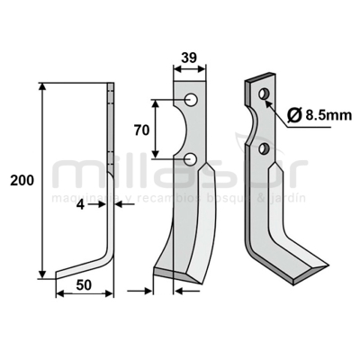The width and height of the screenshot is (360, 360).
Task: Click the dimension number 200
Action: [x=21, y=181]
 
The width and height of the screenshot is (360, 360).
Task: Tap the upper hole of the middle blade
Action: [x=192, y=98]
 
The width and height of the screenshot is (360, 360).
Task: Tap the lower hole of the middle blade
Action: [x=192, y=160]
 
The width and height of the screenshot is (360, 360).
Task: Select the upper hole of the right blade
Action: [x=263, y=94]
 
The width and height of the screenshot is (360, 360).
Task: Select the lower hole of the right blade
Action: [x=265, y=148]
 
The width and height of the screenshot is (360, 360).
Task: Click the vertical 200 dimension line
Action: [x=41, y=180]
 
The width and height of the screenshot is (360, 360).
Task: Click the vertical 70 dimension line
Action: [x=157, y=129]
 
